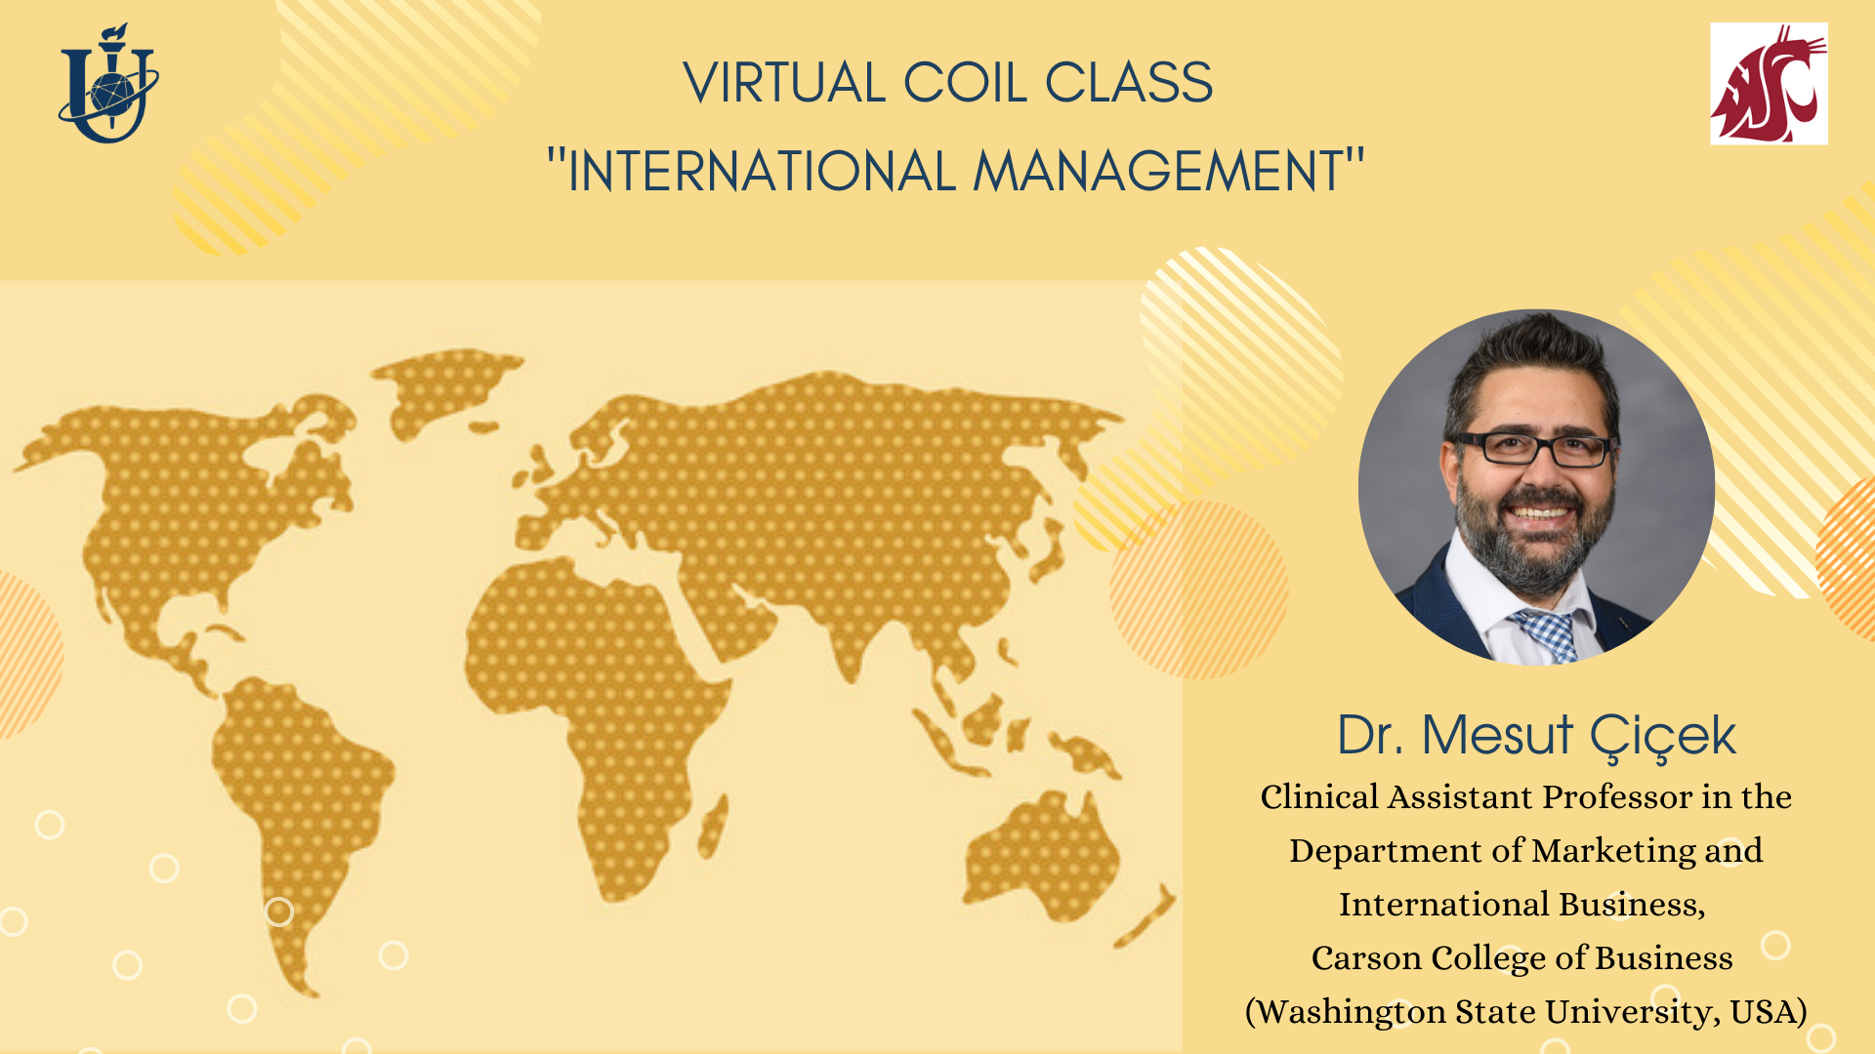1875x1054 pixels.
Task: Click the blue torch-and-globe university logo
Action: pos(108,84)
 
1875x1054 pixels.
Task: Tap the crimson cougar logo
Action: pos(1769,84)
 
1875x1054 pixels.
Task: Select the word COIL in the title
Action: pos(965,83)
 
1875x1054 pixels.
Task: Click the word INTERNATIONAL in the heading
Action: pos(761,172)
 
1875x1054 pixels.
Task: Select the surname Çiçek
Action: pos(1662,738)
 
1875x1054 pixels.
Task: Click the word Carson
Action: pos(1366,958)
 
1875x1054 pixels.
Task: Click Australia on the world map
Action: pos(1041,857)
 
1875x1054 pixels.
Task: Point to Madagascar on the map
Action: pos(713,826)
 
